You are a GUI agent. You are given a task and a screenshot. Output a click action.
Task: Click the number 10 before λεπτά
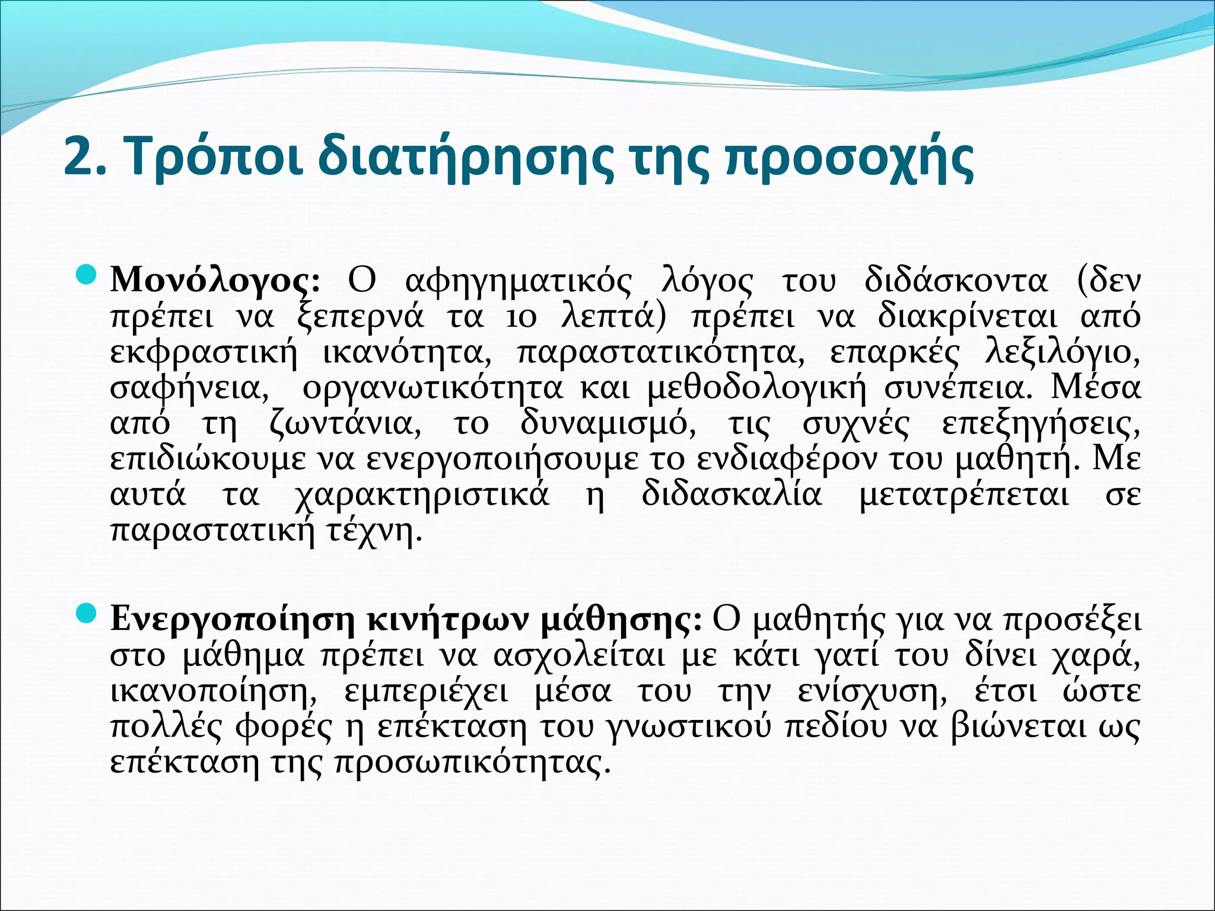[521, 318]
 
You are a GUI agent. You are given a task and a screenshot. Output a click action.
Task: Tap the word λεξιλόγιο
[1062, 353]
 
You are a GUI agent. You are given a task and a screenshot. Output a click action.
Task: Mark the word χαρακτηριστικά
[422, 495]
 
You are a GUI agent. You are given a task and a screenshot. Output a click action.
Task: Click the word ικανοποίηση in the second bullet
[213, 692]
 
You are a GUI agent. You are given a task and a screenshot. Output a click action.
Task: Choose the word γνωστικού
[691, 727]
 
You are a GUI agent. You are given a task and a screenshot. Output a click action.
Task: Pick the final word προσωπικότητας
[472, 763]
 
